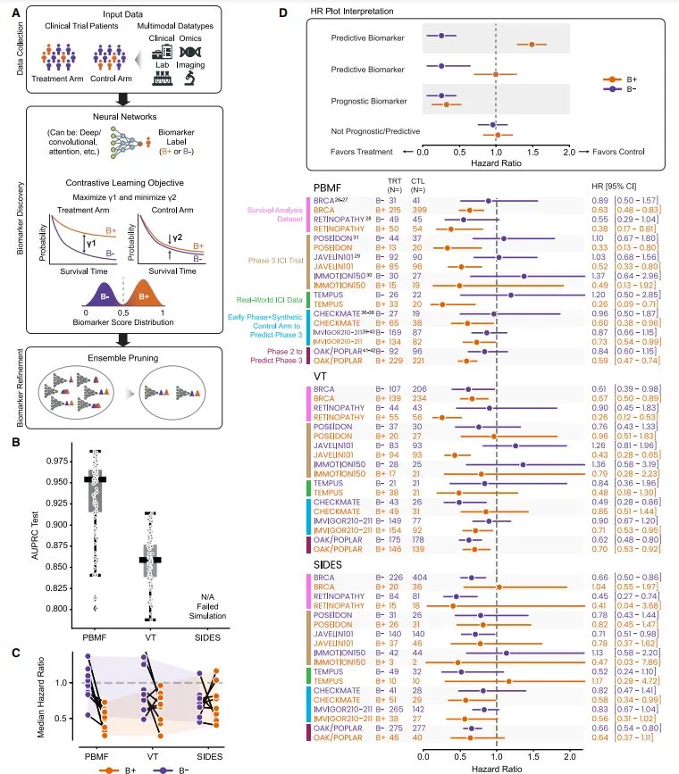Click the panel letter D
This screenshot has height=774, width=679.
tap(283, 13)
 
